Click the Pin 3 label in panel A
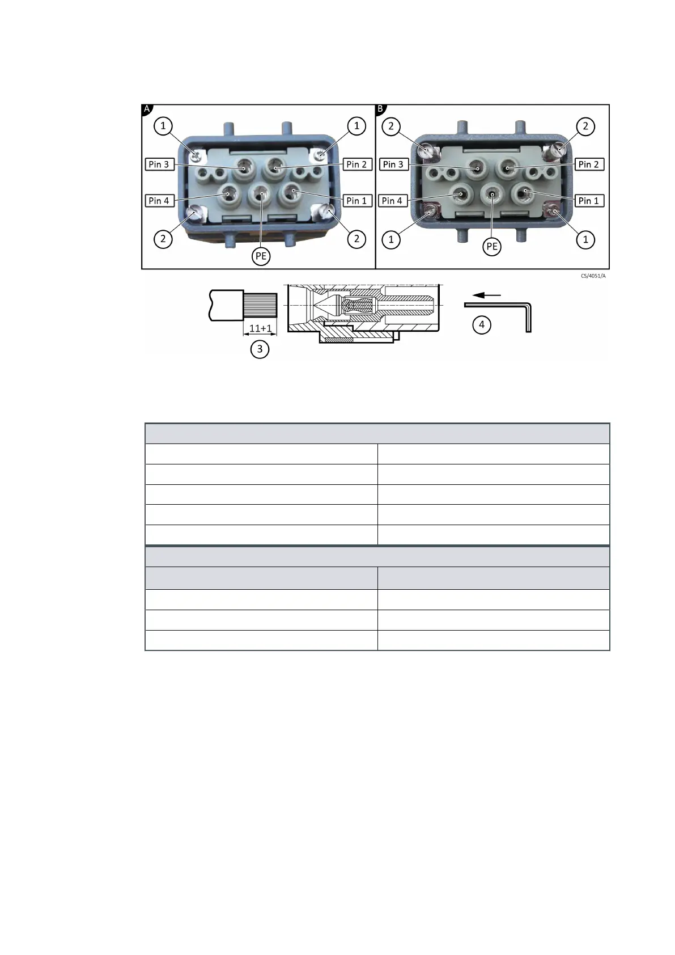click(x=159, y=164)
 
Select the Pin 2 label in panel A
click(x=356, y=164)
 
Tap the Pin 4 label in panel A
click(x=159, y=201)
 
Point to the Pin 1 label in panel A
click(x=356, y=201)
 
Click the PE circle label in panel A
click(x=261, y=256)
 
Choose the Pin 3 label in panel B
click(x=393, y=164)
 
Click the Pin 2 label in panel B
click(x=588, y=164)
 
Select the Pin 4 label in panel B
click(x=392, y=201)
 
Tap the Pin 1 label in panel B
click(x=588, y=201)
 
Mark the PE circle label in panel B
click(x=492, y=247)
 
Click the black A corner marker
click(x=147, y=109)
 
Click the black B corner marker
click(x=380, y=109)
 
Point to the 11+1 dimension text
click(x=261, y=328)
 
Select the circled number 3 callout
click(x=260, y=349)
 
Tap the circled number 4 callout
click(x=482, y=325)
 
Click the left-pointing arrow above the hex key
click(x=487, y=295)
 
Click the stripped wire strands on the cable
click(x=260, y=305)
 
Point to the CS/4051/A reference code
click(x=593, y=276)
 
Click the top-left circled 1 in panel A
click(x=163, y=126)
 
